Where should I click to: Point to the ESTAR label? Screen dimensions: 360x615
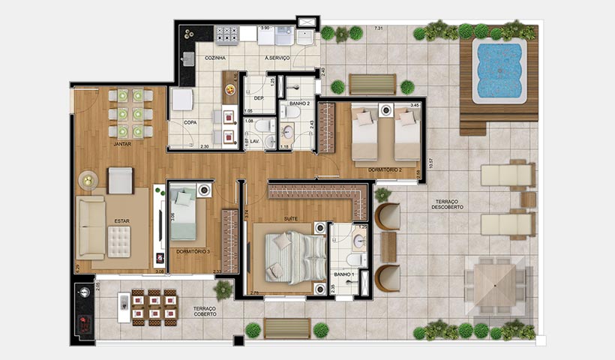click(121, 220)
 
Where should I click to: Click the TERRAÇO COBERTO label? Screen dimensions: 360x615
click(205, 310)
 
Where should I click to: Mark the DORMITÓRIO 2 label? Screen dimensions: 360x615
click(386, 170)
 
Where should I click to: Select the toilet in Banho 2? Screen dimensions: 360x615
click(292, 112)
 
